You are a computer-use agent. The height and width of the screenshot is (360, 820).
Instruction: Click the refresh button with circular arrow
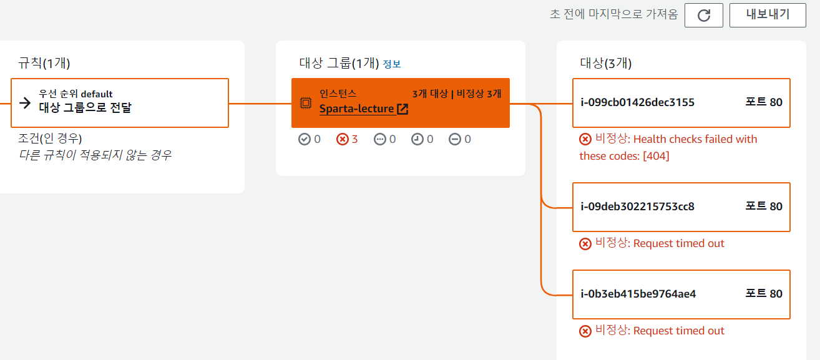[703, 16]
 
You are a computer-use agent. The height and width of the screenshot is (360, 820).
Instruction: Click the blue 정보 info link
[392, 64]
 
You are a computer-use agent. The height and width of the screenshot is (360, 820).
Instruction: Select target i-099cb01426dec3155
[637, 102]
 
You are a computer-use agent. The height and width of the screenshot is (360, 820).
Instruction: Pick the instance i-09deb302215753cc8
[637, 207]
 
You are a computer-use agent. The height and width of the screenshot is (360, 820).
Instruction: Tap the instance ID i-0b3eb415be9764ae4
[638, 294]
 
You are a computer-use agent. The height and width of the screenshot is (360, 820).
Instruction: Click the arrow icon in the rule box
[25, 103]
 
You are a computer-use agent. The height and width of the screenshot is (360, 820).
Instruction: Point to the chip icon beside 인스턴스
[306, 103]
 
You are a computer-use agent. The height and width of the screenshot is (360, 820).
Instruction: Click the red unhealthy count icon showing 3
[343, 139]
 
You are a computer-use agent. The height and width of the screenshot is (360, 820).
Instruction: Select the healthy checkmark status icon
[304, 139]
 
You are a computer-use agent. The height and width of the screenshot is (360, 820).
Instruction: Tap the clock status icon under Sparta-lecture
[417, 139]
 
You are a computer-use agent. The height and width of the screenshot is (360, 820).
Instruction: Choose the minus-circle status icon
[455, 139]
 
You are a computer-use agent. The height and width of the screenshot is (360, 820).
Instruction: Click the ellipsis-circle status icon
[379, 139]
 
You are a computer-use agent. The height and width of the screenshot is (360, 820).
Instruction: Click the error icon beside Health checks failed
[585, 139]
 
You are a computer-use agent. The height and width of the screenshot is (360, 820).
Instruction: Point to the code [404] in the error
[656, 156]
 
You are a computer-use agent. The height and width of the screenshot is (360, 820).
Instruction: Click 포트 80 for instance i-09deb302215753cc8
[764, 207]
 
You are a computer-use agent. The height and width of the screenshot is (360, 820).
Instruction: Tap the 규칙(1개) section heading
[44, 63]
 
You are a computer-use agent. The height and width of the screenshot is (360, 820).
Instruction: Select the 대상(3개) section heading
[606, 63]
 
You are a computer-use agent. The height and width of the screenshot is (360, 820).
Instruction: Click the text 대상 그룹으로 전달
[85, 107]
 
